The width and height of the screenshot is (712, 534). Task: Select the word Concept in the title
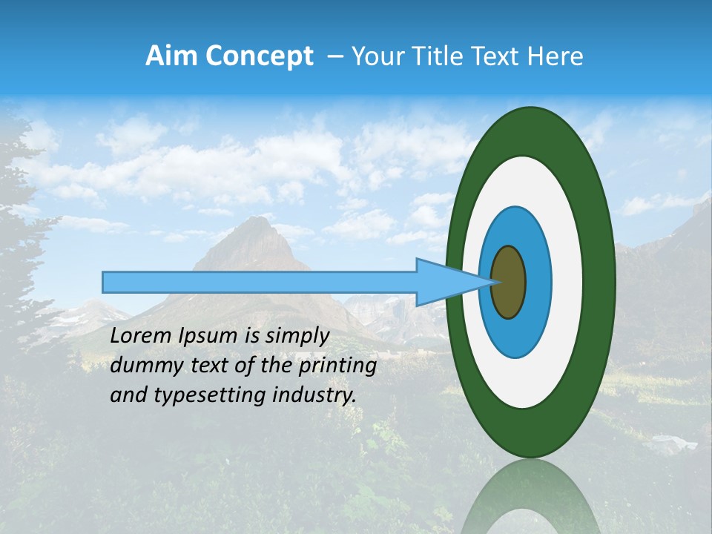coord(258,56)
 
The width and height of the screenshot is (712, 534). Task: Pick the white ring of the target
coord(567,283)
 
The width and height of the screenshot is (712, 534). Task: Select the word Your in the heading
coord(375,56)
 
